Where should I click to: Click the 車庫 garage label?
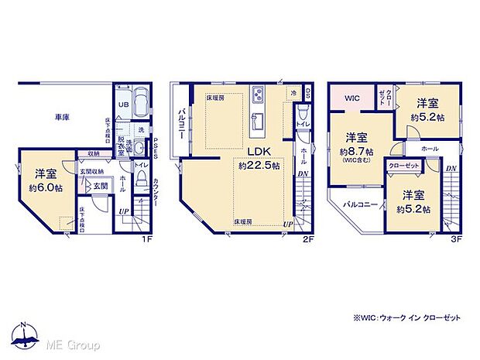[62, 117]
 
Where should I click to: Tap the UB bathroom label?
[123, 105]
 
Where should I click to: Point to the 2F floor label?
[307, 239]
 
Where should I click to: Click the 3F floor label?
[457, 239]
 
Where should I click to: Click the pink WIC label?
[352, 98]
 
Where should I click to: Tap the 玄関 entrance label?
[101, 186]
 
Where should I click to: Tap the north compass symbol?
[25, 334]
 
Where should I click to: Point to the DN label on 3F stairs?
[451, 169]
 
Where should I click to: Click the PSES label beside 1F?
[156, 147]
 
